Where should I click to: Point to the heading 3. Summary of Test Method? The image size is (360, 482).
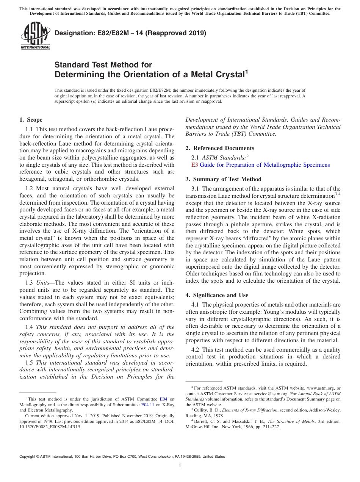223,179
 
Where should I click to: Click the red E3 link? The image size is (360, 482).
195,165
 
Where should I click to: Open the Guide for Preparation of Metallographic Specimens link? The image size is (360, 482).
265,165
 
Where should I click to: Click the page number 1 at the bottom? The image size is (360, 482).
180,466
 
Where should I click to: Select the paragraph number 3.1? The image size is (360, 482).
196,189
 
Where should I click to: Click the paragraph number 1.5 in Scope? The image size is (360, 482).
30,363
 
